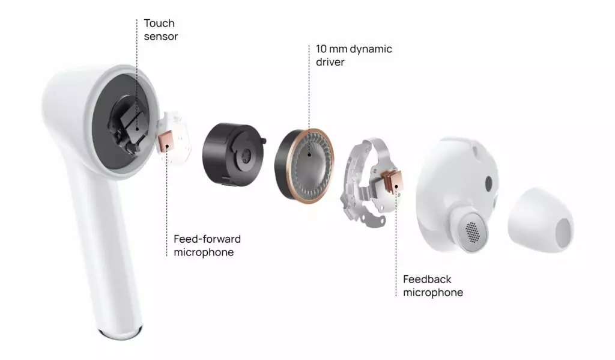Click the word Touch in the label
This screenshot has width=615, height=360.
coord(159,23)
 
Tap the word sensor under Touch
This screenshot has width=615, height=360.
coord(160,37)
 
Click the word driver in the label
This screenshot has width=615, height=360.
coord(330,62)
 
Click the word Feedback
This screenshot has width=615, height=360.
coord(427,279)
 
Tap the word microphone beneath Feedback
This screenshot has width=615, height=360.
coord(433,293)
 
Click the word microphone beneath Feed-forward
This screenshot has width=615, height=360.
coord(204,252)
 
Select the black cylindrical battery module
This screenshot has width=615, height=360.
coord(231,155)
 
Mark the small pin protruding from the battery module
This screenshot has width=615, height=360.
coord(264,141)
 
